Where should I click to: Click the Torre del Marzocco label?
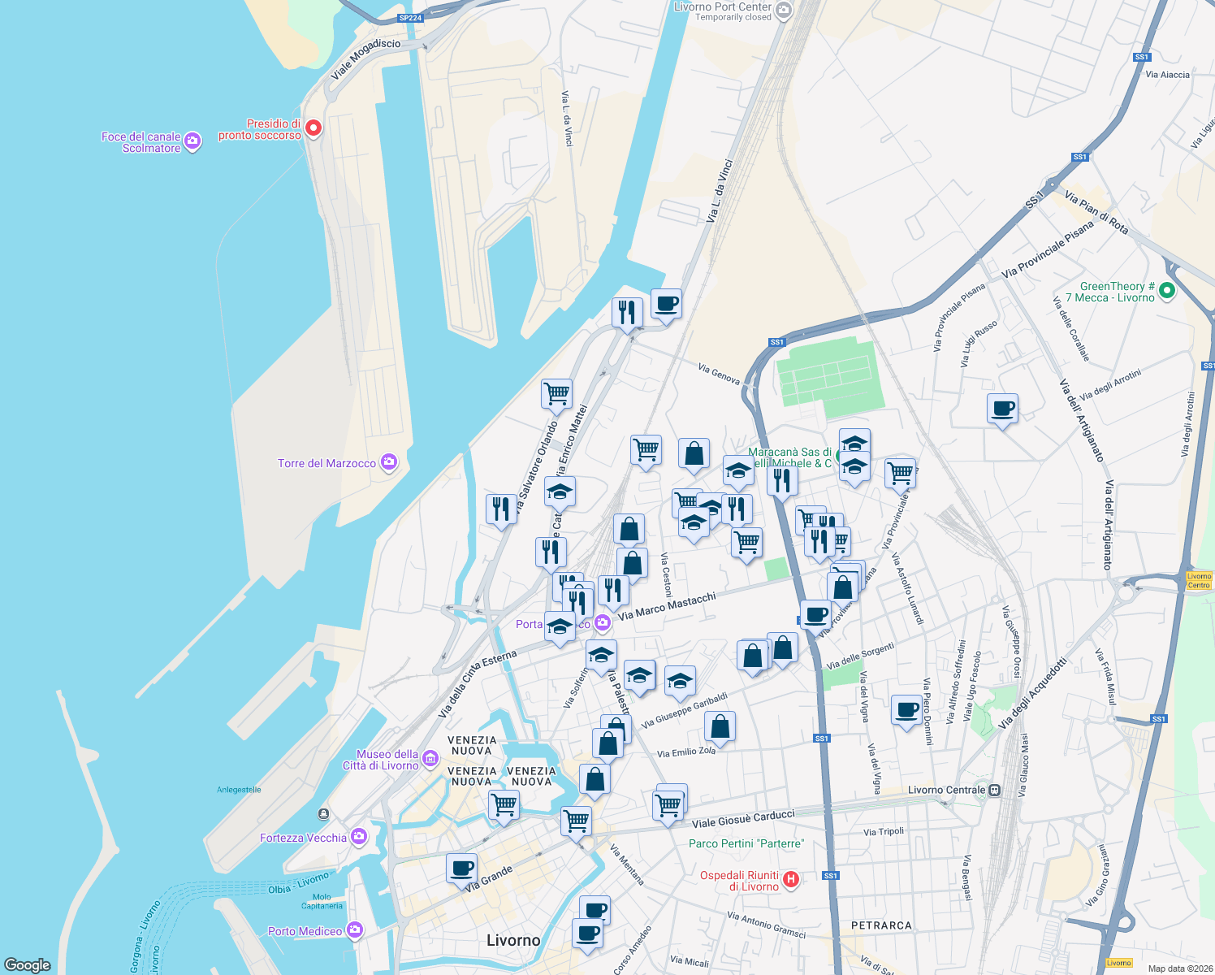[x=326, y=463]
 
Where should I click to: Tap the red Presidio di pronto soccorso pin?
[x=313, y=128]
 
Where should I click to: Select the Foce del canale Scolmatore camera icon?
[x=192, y=141]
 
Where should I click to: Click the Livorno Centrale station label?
[x=946, y=790]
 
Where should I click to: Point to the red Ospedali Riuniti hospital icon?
[x=791, y=878]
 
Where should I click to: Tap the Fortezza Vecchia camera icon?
[x=358, y=837]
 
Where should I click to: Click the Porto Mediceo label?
[x=305, y=931]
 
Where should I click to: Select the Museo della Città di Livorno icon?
[x=430, y=759]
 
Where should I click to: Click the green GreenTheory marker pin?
[x=1167, y=290]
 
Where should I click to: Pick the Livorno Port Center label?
[x=722, y=6]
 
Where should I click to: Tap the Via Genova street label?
[x=719, y=374]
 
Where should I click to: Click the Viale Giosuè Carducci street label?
[x=742, y=818]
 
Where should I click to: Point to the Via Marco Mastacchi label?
[x=667, y=606]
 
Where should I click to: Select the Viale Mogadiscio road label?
[x=365, y=59]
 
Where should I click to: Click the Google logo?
[x=28, y=964]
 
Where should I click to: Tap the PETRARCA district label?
[x=881, y=925]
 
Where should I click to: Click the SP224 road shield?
[x=410, y=18]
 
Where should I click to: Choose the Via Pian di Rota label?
[x=1096, y=213]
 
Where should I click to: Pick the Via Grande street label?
[x=489, y=877]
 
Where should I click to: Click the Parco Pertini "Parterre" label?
[x=746, y=843]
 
